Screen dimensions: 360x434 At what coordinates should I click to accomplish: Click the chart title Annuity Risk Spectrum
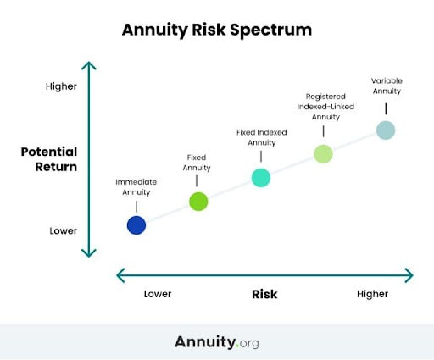pos(217,30)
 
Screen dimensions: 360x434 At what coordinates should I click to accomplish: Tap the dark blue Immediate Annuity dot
pos(136,225)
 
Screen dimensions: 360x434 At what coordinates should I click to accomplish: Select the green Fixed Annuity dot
pos(198,202)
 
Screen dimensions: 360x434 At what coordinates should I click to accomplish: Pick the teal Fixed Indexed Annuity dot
pos(261,177)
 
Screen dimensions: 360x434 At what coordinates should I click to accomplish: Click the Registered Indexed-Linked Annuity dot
pos(323,153)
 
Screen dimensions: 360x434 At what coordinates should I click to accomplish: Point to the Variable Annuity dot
pos(386,130)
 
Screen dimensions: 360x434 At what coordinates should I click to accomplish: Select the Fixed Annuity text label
pos(197,163)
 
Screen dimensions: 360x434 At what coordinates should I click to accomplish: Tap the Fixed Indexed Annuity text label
pos(261,137)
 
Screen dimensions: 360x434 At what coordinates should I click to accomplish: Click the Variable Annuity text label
pos(387,86)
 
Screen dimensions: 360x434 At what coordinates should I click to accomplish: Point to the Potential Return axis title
pos(49,159)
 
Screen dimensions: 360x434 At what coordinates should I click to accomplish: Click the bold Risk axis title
pos(264,294)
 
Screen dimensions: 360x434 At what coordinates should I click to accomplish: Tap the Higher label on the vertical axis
pos(60,86)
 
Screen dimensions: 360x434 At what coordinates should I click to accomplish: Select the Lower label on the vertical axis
pos(62,230)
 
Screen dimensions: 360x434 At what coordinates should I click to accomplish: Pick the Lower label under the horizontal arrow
pos(157,294)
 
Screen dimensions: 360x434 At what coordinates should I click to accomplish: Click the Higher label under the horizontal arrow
pos(372,294)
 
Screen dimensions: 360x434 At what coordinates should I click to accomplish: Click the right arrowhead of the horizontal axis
pos(410,274)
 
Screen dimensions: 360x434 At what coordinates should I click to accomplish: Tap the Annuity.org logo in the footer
pos(217,342)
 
